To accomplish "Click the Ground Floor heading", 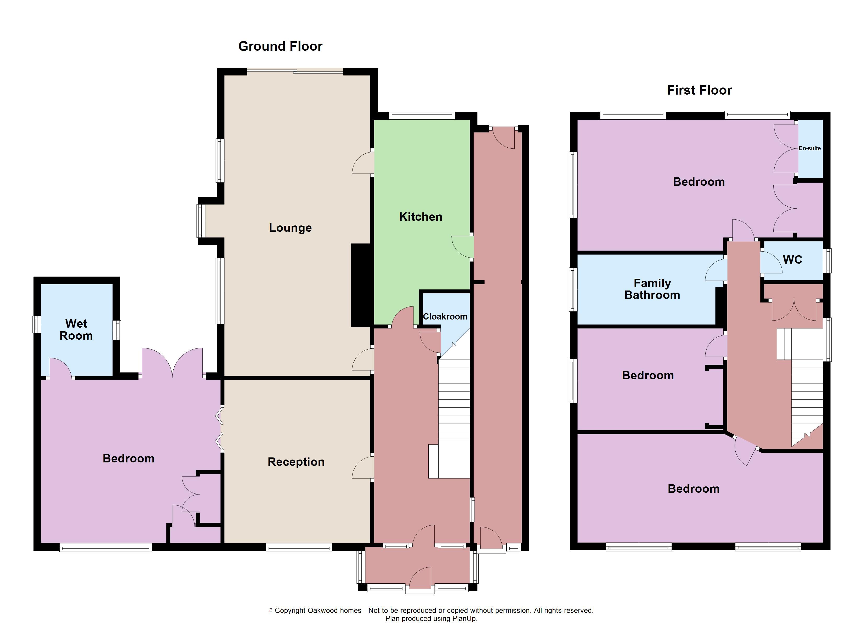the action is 280,47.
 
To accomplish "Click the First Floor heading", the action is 699,90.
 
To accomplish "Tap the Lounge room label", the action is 290,228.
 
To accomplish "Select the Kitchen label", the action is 421,217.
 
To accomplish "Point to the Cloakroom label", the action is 445,316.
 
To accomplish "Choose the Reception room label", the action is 296,462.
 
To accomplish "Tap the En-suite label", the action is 810,148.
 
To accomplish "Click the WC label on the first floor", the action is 793,260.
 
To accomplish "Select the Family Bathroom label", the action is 652,289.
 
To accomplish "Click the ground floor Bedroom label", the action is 129,458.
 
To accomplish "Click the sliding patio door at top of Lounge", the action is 295,71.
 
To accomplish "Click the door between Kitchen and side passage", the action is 463,247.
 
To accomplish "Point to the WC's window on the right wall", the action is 827,261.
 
